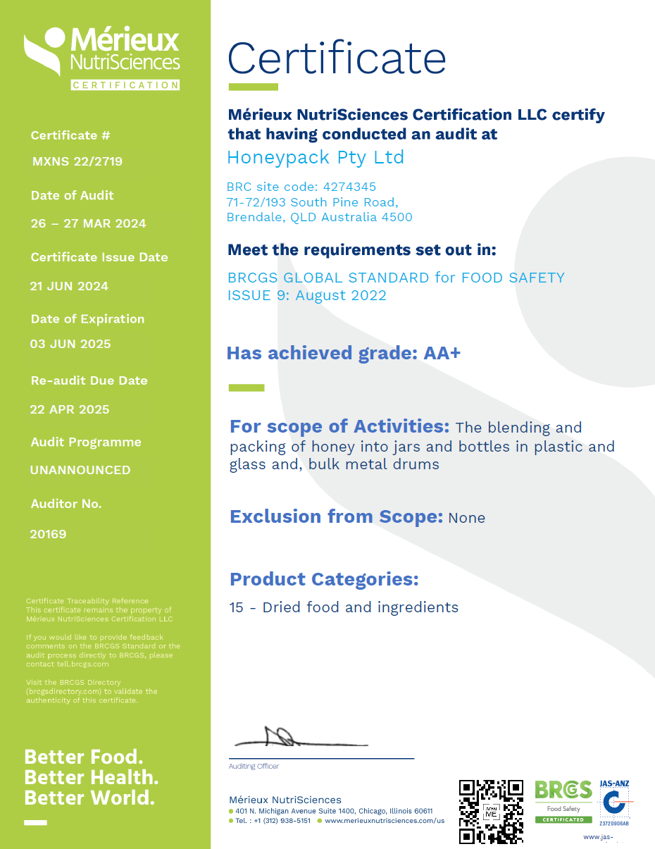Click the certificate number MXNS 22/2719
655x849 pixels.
tap(77, 161)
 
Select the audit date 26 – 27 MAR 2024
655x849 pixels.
tap(88, 223)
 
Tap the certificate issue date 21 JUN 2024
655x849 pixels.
tap(69, 286)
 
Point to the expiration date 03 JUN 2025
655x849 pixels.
tap(70, 344)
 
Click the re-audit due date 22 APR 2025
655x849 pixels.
tap(69, 409)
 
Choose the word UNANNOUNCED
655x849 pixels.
tap(80, 470)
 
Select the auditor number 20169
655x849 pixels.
tap(48, 534)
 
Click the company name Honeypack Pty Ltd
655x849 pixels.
tap(316, 157)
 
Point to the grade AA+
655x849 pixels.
tap(442, 353)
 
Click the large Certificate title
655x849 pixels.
tap(337, 58)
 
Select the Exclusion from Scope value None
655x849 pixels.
tap(466, 518)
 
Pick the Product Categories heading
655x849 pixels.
tap(324, 579)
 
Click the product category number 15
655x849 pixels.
tap(237, 607)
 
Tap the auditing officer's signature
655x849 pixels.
tap(296, 738)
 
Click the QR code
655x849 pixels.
tap(491, 811)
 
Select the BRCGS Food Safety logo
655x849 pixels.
tap(563, 801)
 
